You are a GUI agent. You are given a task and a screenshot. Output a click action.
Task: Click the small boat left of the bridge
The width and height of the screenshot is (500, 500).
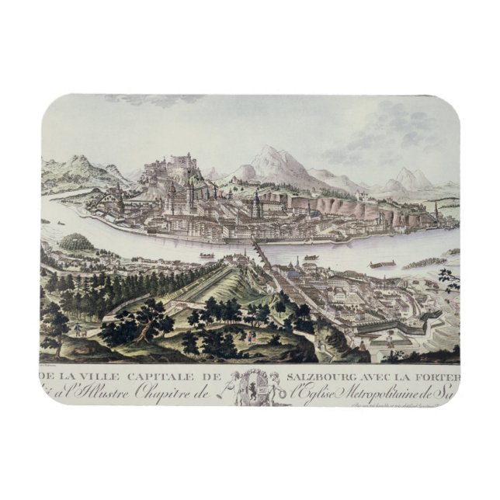[207, 254]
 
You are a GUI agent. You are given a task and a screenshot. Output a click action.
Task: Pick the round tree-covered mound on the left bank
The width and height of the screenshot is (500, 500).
[76, 242]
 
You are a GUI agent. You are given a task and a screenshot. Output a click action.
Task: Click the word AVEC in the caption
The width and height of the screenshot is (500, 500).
[394, 377]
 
